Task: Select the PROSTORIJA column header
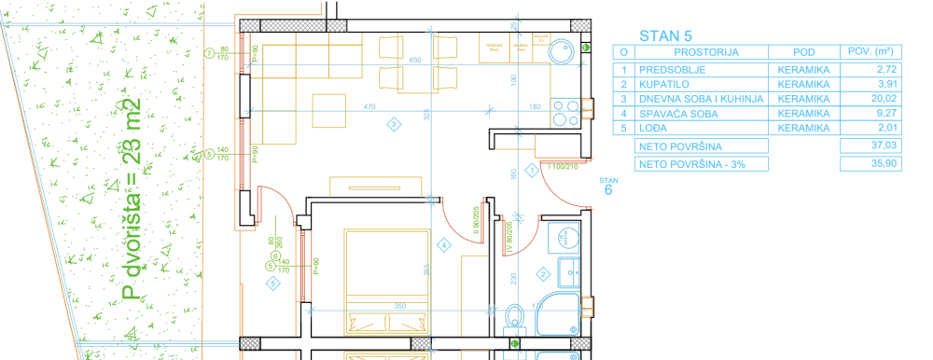[699, 53]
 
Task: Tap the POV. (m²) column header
[867, 52]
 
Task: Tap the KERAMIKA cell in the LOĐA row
[802, 128]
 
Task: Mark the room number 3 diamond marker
[395, 123]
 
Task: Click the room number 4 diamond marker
[444, 244]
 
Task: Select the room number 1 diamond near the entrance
[531, 170]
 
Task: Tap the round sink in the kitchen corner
[563, 51]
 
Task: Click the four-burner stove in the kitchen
[564, 113]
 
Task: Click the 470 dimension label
[369, 107]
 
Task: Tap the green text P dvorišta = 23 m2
[132, 201]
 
